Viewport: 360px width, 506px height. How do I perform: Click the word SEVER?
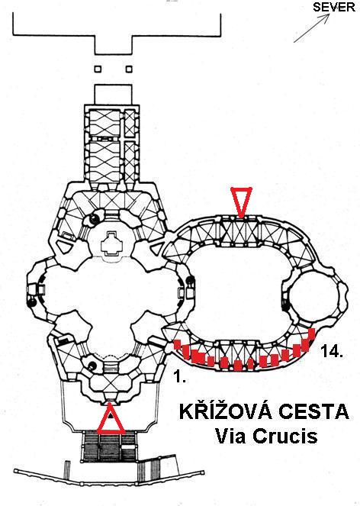coord(334,7)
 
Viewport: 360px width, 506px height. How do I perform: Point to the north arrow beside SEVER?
coord(312,27)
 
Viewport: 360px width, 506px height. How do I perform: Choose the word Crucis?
coord(284,436)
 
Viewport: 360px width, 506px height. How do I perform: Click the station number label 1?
coord(180,376)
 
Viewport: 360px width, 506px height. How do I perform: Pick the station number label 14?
coord(331,351)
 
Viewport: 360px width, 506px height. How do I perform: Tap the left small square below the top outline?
coord(98,69)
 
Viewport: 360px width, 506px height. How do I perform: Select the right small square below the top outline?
coord(129,69)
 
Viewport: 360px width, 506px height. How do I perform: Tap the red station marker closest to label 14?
coord(312,334)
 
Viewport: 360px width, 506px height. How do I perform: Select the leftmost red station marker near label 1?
coord(177,344)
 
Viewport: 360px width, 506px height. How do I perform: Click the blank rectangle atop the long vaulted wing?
coord(113,94)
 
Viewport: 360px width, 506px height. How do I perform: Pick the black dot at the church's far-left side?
coord(31,303)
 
